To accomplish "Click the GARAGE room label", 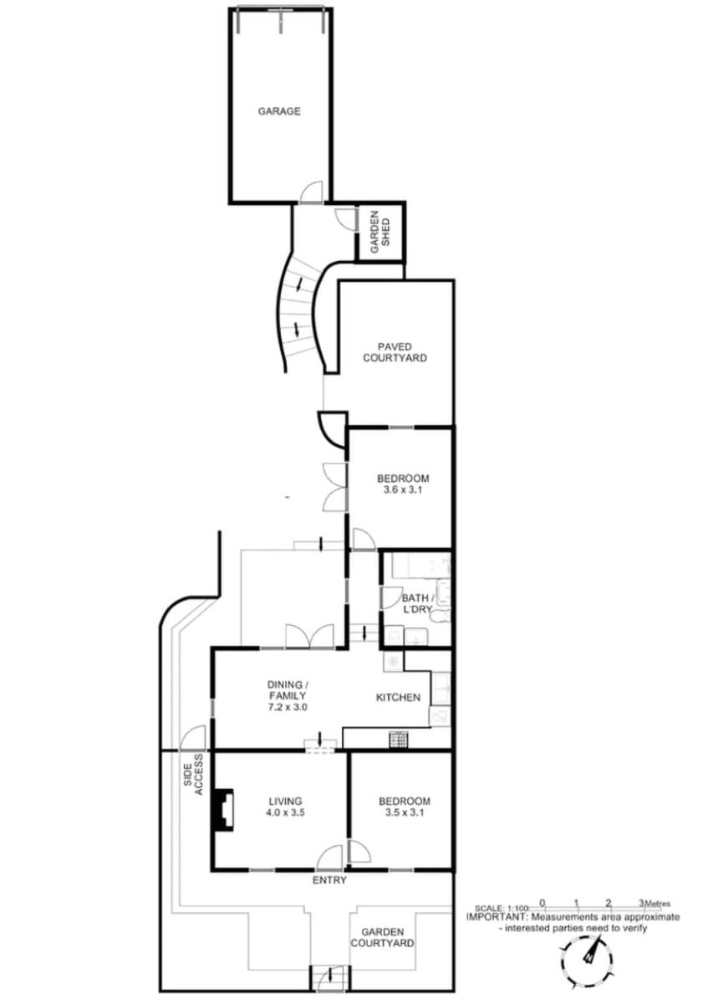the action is pos(278,111).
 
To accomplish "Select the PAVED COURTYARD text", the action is pos(394,352).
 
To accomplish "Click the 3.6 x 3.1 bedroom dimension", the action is pos(403,489).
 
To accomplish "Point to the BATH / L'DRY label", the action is pos(416,603).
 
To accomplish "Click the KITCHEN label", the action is pos(398,698).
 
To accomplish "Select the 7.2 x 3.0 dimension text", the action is pos(288,707).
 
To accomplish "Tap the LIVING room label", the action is pos(285,801).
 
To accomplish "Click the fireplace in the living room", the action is pos(223,810).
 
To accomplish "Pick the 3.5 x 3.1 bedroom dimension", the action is pos(404,812).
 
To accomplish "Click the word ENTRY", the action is pos(329,880).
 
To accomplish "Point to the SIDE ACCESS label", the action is pos(193,775).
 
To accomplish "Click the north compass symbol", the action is pos(586,956).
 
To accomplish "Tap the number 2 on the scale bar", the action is pos(608,902).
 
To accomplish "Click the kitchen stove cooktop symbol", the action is pos(397,739).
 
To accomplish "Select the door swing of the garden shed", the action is pos(346,219).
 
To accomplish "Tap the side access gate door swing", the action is pos(193,737).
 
